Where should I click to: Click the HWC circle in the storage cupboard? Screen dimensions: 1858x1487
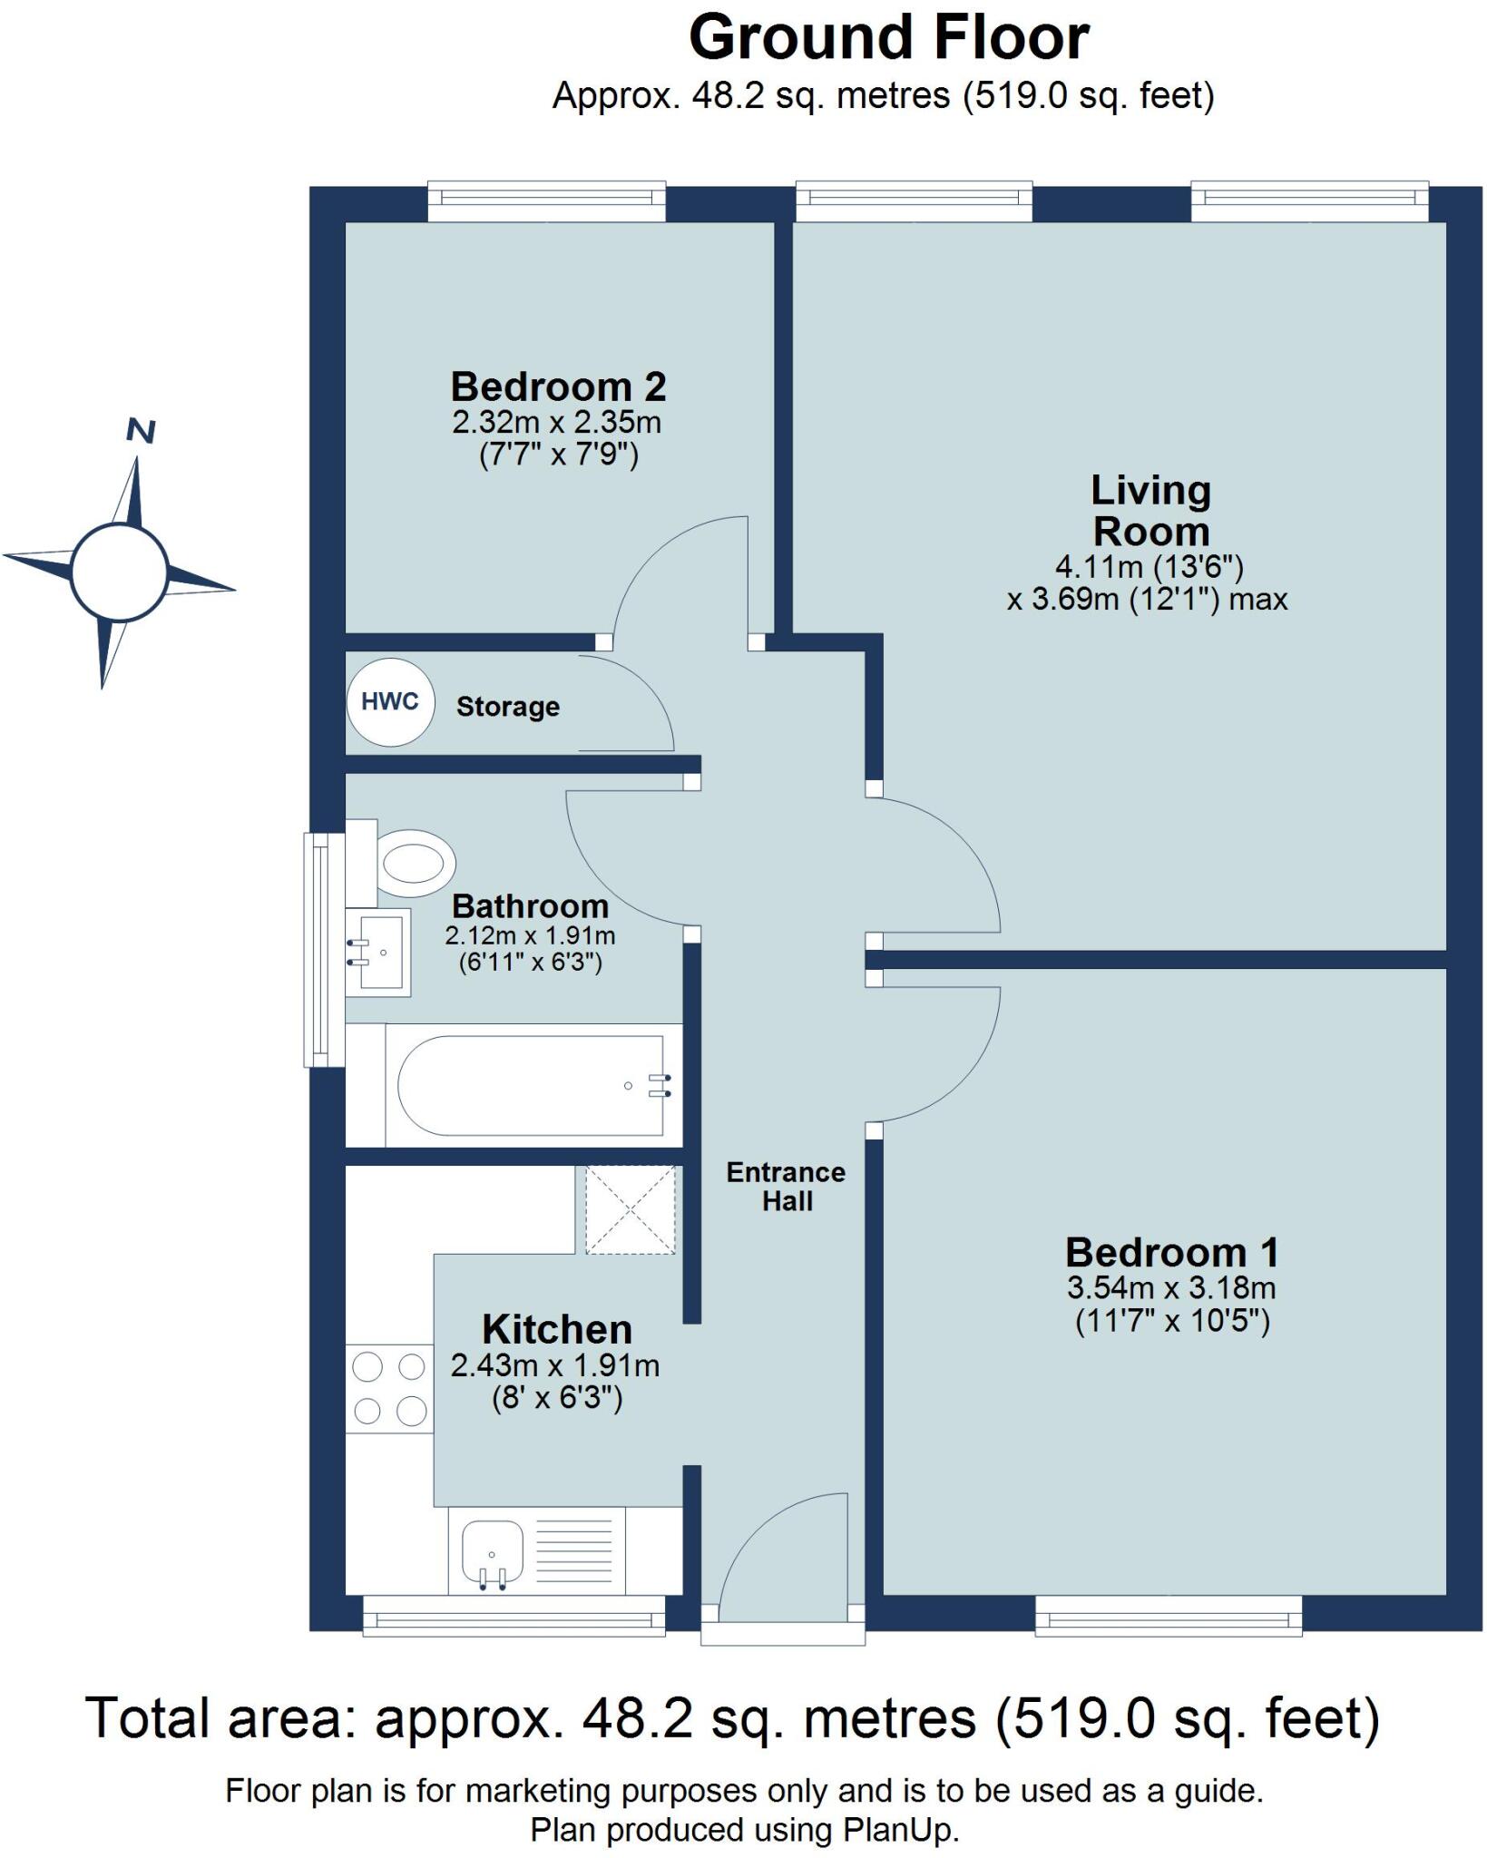click(390, 701)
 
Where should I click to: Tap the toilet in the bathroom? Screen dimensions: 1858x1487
click(413, 858)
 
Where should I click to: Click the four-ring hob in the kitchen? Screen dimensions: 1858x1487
click(389, 1388)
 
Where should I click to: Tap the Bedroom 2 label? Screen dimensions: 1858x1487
click(558, 387)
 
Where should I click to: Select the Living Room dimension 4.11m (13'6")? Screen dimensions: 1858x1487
click(1148, 567)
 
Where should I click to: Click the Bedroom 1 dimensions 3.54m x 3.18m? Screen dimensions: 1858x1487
click(1171, 1287)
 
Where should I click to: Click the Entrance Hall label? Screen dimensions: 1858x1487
click(786, 1186)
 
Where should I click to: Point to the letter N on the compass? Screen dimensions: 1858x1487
click(141, 431)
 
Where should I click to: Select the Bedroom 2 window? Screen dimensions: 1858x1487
click(546, 201)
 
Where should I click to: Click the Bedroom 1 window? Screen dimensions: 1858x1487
click(1168, 1616)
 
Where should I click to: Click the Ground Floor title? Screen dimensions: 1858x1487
click(888, 38)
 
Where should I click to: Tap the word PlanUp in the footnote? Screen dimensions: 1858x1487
click(898, 1829)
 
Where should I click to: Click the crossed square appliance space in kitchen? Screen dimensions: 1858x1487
click(630, 1209)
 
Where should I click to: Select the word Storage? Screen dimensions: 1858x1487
click(507, 707)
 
